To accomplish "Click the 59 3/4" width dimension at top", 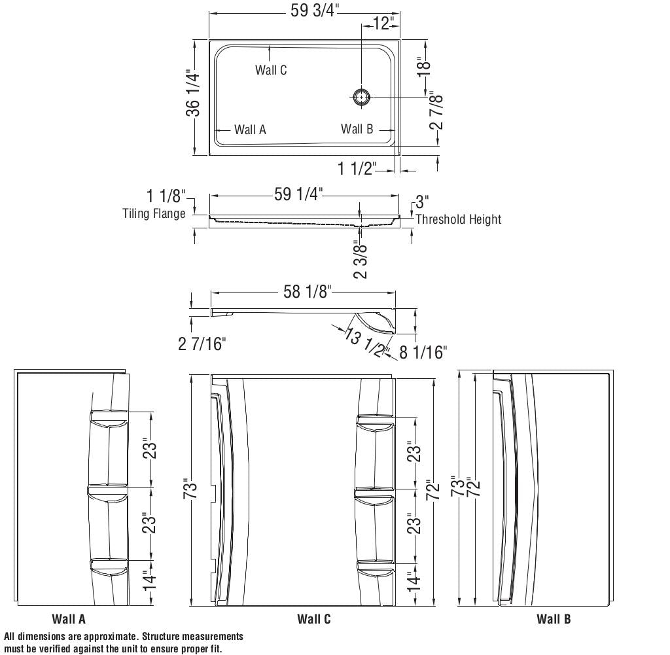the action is click(315, 10).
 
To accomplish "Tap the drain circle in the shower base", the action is click(362, 97).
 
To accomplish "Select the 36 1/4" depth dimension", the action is click(193, 95).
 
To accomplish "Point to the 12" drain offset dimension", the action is click(382, 23).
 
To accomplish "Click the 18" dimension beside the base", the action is click(424, 67).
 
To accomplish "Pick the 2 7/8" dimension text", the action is click(436, 110).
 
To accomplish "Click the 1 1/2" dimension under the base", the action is click(357, 168).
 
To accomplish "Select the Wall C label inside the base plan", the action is click(271, 70).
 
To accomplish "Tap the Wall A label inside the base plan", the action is click(250, 130).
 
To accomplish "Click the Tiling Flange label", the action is click(154, 213).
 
